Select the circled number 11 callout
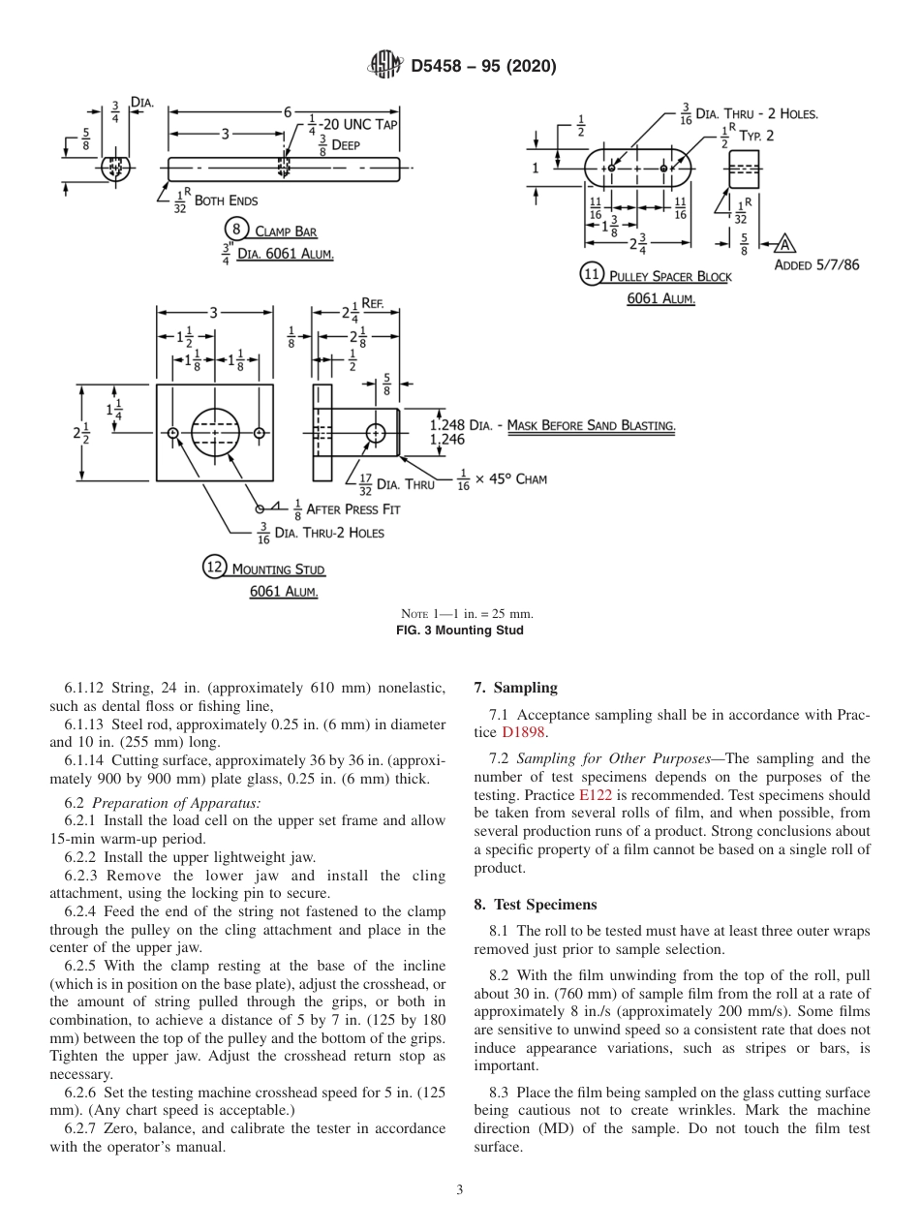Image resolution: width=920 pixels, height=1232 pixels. tap(593, 274)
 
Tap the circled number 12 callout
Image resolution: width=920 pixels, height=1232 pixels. tap(214, 568)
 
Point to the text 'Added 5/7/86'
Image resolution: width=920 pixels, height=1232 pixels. tap(816, 263)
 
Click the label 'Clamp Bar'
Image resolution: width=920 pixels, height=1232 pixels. tap(286, 232)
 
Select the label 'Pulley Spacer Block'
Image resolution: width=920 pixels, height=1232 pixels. tap(670, 277)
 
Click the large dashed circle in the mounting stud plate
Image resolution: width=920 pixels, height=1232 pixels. tap(215, 432)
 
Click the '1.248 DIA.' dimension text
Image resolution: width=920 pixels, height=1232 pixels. tap(461, 425)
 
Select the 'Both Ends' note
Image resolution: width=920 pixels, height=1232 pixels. tap(227, 200)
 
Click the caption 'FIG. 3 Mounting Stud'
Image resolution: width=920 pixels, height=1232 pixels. tap(467, 631)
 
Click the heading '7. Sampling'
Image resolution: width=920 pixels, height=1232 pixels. tap(515, 688)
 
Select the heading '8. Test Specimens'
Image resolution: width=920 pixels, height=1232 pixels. tap(535, 904)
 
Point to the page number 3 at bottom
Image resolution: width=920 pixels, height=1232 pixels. tap(460, 1189)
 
